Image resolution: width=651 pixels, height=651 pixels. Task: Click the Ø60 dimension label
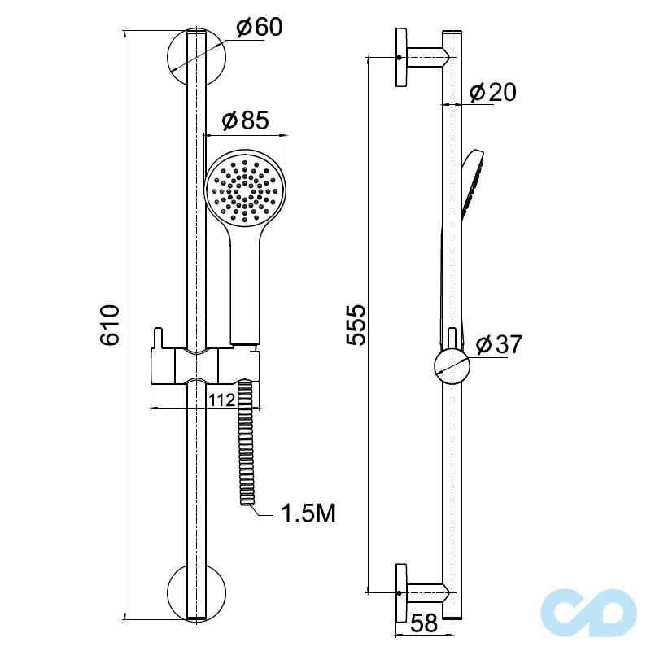tap(259, 28)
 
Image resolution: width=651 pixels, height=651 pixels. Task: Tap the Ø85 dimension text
tap(246, 120)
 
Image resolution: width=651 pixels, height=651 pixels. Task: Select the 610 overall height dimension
tap(110, 325)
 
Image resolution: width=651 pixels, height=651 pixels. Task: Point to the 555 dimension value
tap(356, 325)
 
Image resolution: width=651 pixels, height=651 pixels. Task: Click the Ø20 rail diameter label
tap(493, 92)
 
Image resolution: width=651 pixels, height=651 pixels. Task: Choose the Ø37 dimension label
tap(499, 344)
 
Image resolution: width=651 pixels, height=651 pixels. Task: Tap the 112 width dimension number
tap(221, 400)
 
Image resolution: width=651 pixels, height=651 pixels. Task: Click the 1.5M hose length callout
tap(308, 513)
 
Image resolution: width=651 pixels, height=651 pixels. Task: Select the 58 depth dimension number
tap(424, 623)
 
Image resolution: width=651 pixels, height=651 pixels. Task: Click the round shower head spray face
tap(245, 190)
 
